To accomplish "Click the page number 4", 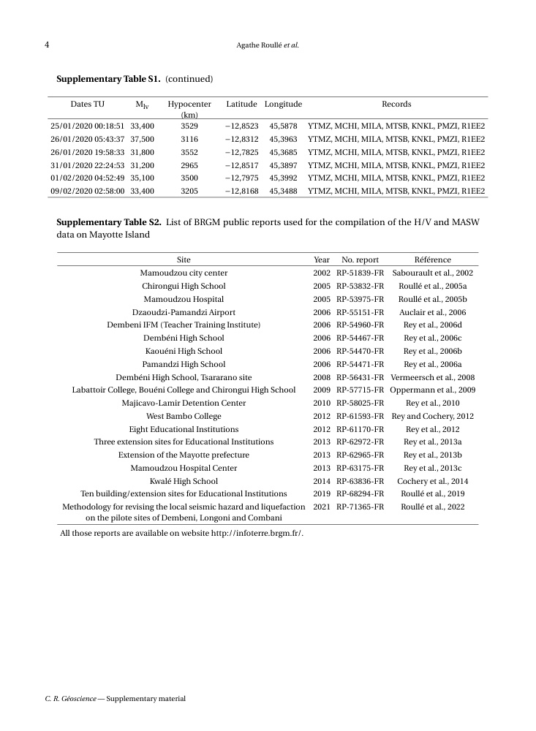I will coord(47,45).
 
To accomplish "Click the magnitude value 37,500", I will coord(142,139).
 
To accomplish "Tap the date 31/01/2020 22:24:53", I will coord(88,165).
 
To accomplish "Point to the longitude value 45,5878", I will coord(283,126).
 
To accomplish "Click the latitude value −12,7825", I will coord(241,152).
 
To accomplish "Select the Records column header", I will coord(396,105).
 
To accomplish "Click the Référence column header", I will coord(433,260).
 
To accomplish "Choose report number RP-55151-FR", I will coord(361,312).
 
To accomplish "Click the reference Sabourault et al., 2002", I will coord(433,273).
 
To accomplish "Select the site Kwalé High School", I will coord(184,481).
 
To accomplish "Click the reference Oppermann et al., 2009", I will coord(433,390).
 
